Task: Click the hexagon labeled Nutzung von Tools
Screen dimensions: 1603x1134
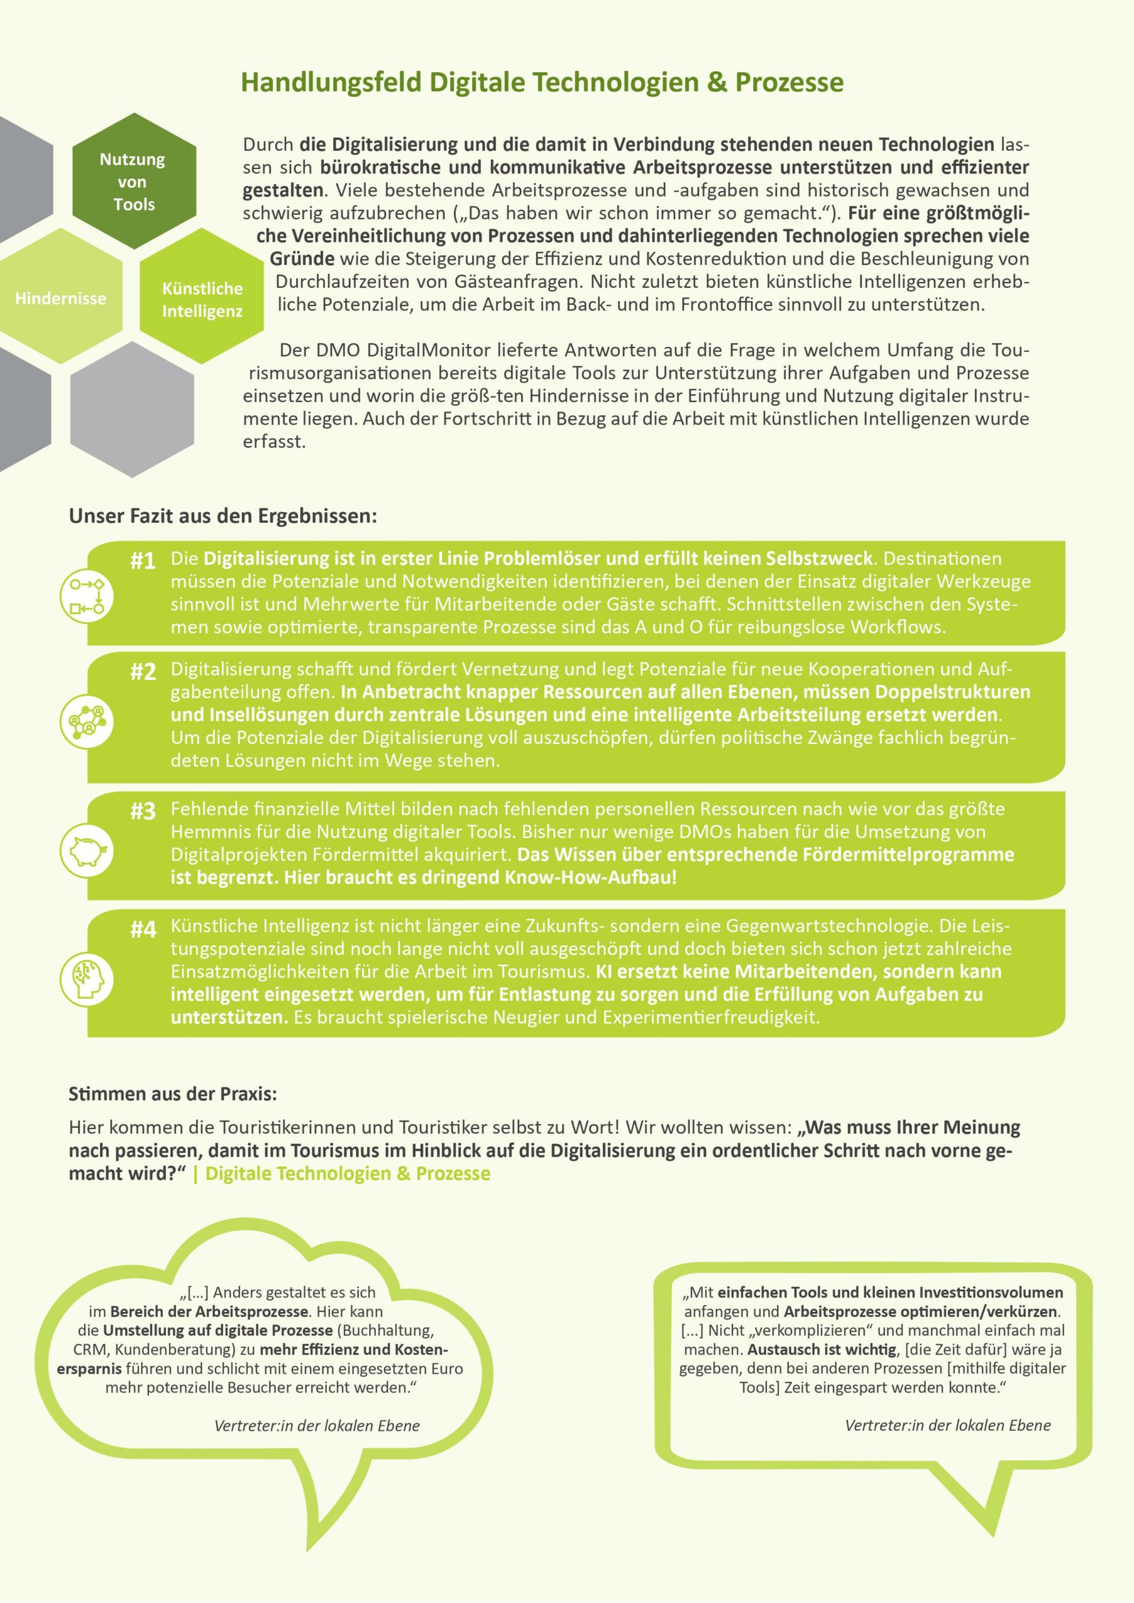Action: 133,182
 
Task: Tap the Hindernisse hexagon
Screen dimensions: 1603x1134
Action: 61,298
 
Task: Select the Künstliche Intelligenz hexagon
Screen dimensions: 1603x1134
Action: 202,299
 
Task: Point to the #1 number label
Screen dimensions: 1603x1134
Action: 143,560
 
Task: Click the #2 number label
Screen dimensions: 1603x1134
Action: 143,672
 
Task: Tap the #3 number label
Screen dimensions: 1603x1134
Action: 143,812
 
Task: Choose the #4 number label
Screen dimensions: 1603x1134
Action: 143,929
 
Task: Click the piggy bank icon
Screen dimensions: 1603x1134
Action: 86,850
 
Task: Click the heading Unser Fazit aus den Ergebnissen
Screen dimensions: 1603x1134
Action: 223,517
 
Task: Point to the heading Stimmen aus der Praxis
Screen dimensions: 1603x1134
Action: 172,1093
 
